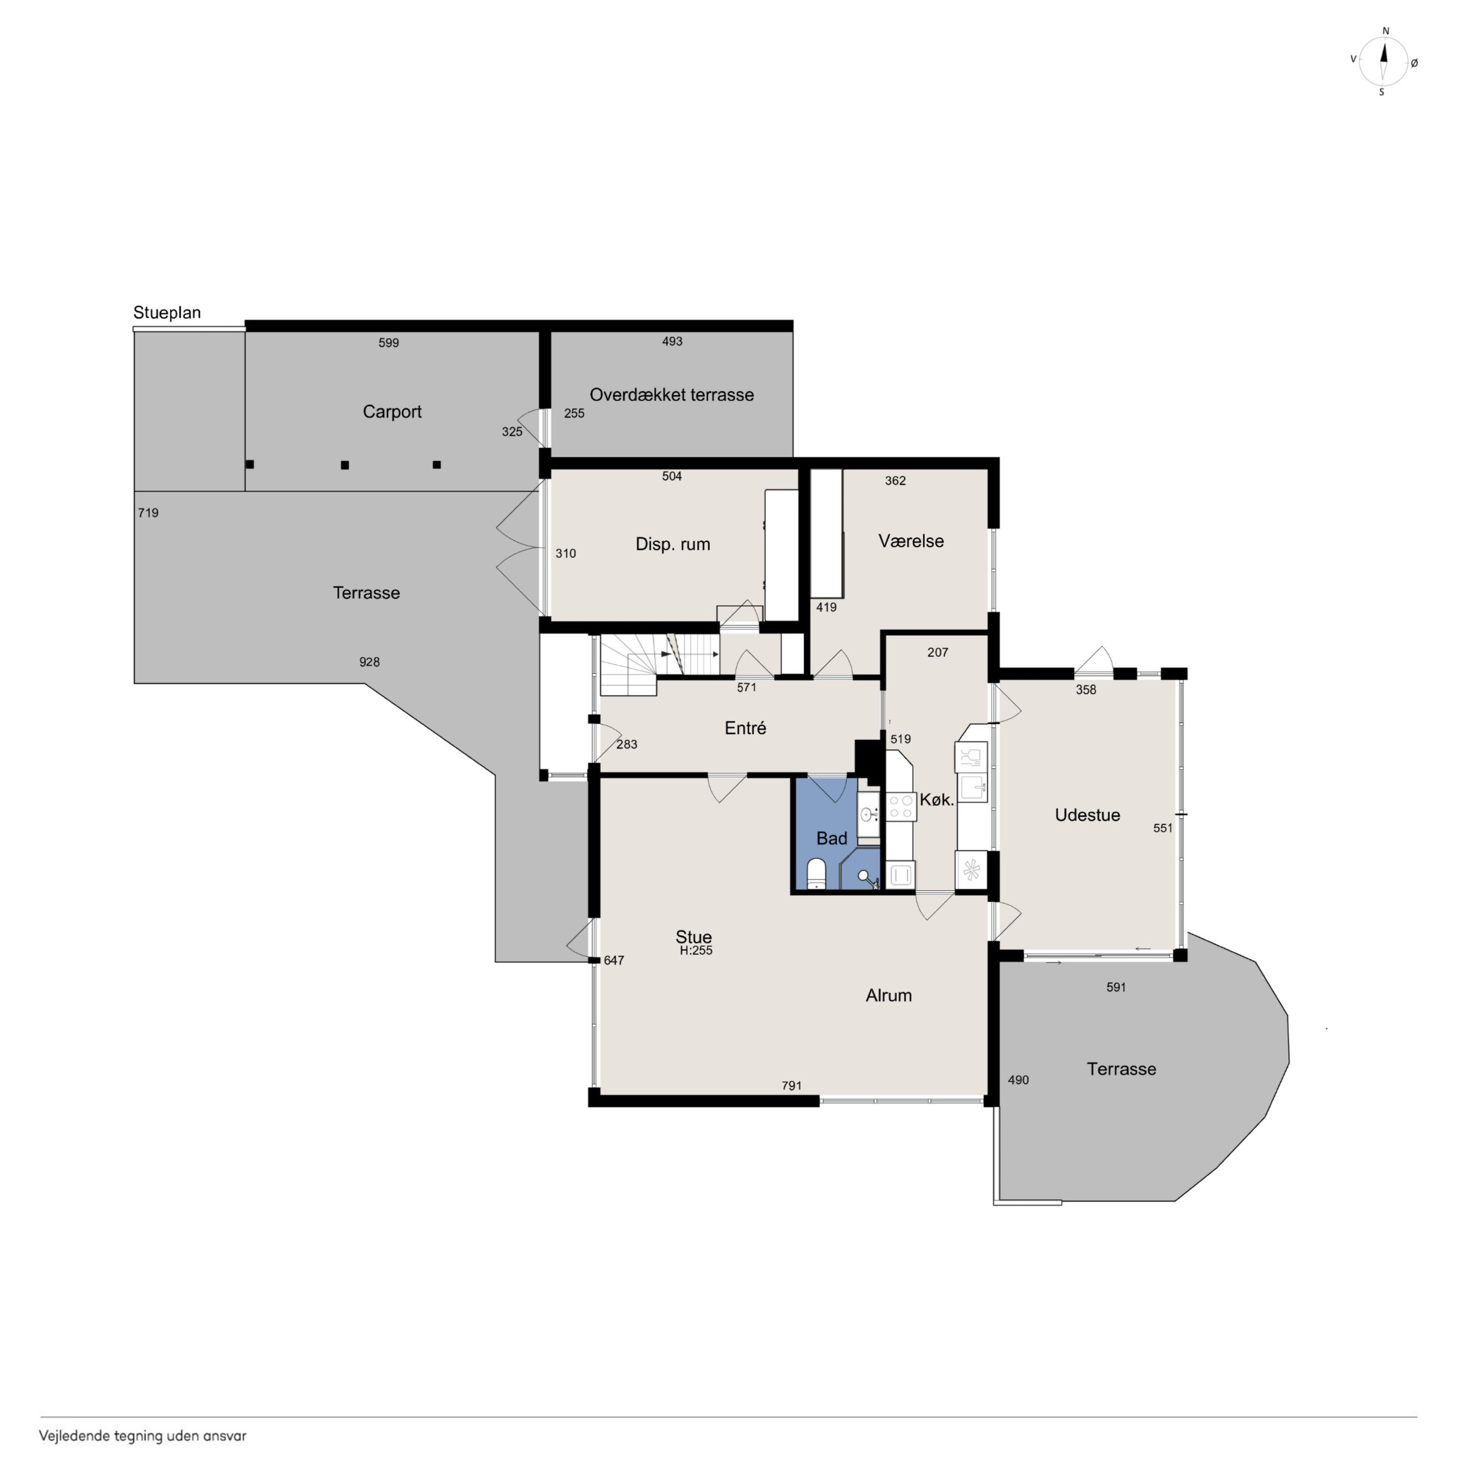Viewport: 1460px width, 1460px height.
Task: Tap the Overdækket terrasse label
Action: point(672,394)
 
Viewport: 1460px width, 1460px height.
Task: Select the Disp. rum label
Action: point(673,544)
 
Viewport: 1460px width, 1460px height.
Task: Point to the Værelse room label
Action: point(911,541)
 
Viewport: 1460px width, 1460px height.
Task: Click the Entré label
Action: point(745,728)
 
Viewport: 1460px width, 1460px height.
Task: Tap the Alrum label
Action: point(889,995)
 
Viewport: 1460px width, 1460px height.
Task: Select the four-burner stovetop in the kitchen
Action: point(901,806)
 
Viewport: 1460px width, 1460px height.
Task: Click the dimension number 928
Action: point(369,663)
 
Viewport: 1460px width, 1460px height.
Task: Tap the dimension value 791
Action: point(791,1086)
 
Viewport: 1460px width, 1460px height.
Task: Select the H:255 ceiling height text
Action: point(696,951)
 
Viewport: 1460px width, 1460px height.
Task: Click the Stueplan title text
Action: point(167,313)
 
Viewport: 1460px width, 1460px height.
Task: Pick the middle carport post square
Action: point(345,466)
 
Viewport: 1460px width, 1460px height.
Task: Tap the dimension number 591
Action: point(1116,987)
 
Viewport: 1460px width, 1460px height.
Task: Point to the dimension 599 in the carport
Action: point(389,343)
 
